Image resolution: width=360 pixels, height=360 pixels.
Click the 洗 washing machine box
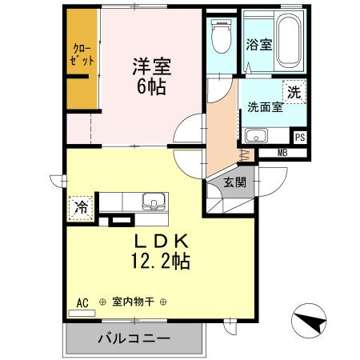pyautogui.click(x=294, y=92)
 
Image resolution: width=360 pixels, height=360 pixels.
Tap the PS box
pyautogui.click(x=299, y=137)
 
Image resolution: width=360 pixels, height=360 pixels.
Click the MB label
pyautogui.click(x=283, y=153)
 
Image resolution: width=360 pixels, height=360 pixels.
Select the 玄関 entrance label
pyautogui.click(x=234, y=182)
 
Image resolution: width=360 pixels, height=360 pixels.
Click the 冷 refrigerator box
pyautogui.click(x=80, y=207)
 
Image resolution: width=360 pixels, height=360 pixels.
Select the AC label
pyautogui.click(x=82, y=302)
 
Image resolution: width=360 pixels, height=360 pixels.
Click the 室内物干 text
pyautogui.click(x=133, y=302)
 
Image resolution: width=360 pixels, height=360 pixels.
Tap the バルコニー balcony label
pyautogui.click(x=134, y=338)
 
